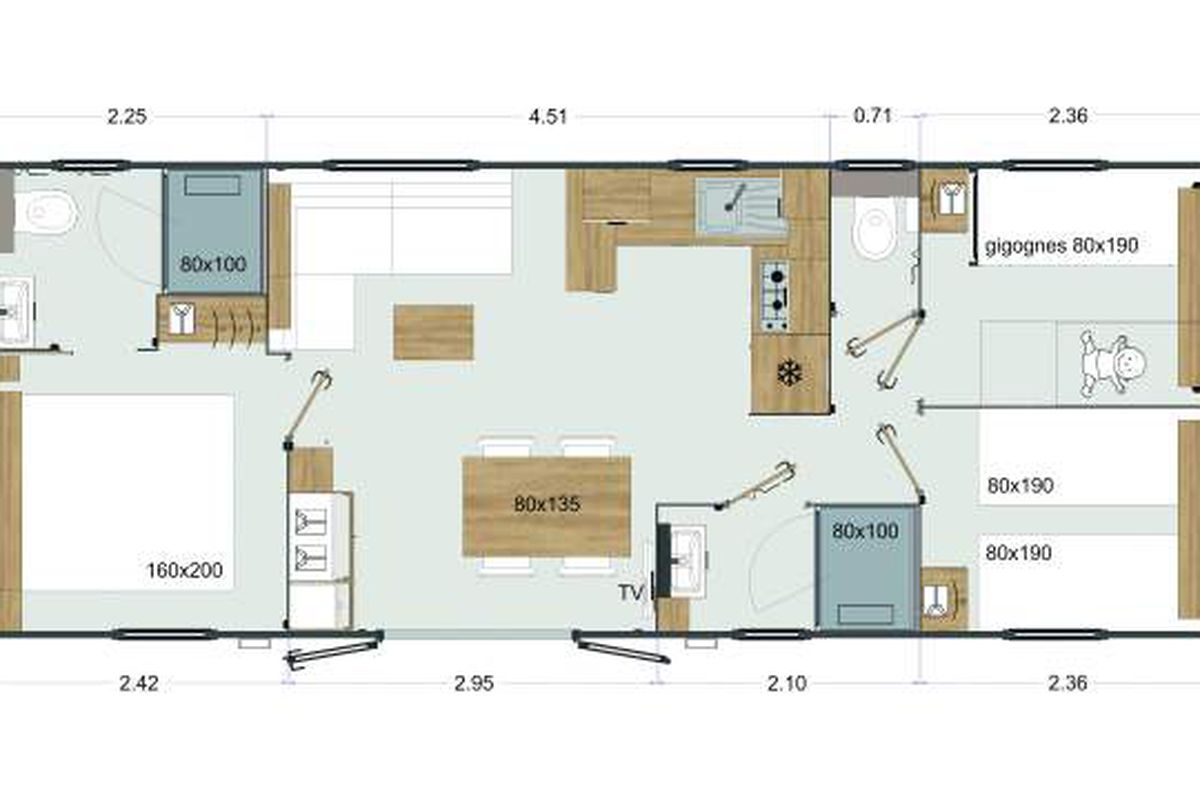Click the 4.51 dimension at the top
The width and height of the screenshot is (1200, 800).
[548, 117]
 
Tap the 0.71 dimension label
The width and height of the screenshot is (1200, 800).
[872, 116]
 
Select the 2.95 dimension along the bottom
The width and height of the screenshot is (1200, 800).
[474, 684]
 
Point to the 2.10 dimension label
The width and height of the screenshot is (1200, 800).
[786, 684]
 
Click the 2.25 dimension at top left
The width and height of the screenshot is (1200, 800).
[127, 117]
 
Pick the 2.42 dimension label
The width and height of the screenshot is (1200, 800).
[139, 684]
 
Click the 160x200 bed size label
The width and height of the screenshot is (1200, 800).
[184, 570]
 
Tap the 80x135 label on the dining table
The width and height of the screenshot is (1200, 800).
[546, 504]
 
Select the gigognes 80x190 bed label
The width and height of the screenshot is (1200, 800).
[1061, 246]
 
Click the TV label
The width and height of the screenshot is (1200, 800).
[630, 593]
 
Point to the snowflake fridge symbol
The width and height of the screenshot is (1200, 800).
[789, 372]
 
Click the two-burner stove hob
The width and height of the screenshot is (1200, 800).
[774, 296]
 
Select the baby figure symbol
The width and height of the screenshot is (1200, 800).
[1112, 364]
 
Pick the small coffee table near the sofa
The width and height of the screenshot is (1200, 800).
[433, 332]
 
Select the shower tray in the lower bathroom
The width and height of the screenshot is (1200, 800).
[866, 568]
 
